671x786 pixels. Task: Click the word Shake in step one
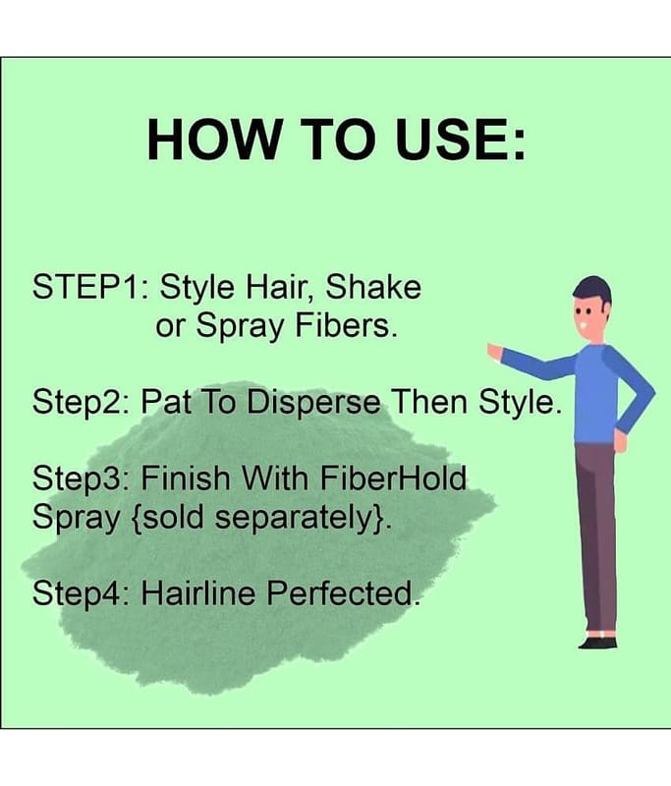[373, 287]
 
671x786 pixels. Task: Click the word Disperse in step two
[313, 402]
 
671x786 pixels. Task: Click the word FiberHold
[393, 477]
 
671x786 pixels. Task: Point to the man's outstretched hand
[495, 353]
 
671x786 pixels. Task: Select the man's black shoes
[598, 643]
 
